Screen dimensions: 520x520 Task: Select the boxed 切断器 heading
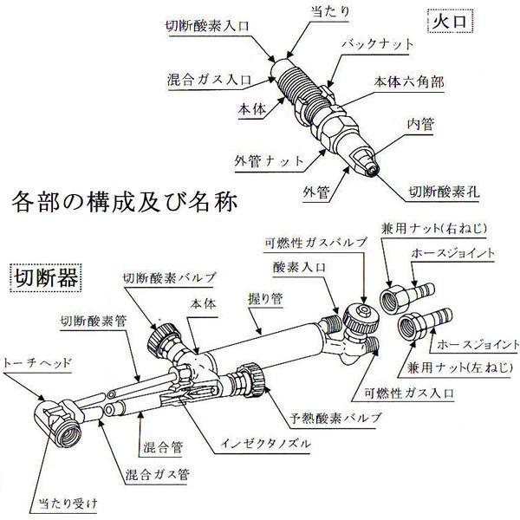44,278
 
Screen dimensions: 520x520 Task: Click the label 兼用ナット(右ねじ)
434,230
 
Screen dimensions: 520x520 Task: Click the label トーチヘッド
42,362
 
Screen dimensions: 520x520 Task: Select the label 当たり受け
72,502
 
